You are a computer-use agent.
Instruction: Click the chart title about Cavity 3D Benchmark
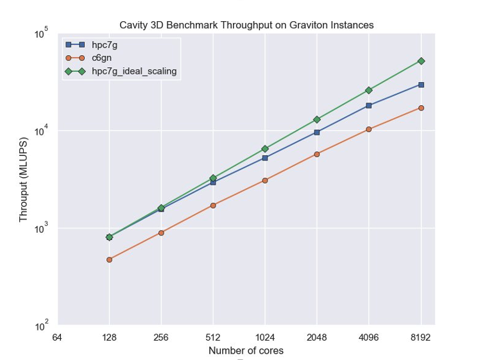click(246, 25)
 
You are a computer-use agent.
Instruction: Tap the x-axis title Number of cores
click(246, 351)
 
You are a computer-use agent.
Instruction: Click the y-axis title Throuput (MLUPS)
click(24, 180)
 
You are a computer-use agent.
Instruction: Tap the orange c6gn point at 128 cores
click(109, 260)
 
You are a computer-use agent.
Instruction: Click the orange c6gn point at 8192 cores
click(421, 108)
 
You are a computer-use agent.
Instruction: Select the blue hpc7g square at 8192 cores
click(421, 85)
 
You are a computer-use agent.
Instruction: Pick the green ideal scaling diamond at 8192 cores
click(421, 61)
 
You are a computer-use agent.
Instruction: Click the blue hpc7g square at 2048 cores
click(317, 132)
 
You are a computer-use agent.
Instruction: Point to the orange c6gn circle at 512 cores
click(213, 205)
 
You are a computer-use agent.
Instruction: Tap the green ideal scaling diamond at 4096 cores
click(369, 90)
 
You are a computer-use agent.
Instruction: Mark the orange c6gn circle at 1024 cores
click(265, 180)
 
